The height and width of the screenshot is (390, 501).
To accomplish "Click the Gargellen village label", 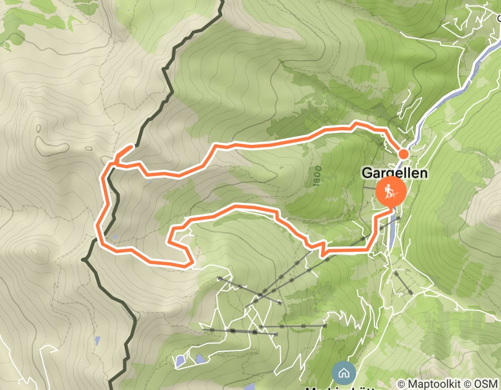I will click(x=395, y=173).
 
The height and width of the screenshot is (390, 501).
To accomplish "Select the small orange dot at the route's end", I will click(x=403, y=154).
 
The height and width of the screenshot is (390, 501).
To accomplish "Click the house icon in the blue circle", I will click(x=343, y=373).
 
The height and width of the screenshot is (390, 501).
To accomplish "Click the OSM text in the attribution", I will click(x=485, y=384).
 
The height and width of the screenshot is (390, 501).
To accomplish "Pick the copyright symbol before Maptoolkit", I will click(x=402, y=384).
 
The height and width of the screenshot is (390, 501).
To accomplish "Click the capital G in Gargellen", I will click(x=367, y=173).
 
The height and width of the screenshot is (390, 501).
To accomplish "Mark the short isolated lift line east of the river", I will click(x=403, y=283).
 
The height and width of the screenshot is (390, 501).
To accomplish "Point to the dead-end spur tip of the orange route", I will click(x=132, y=147).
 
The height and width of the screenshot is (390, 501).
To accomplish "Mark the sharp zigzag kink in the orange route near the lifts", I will click(x=322, y=247).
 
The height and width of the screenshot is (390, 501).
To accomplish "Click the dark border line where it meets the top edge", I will click(x=221, y=2).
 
